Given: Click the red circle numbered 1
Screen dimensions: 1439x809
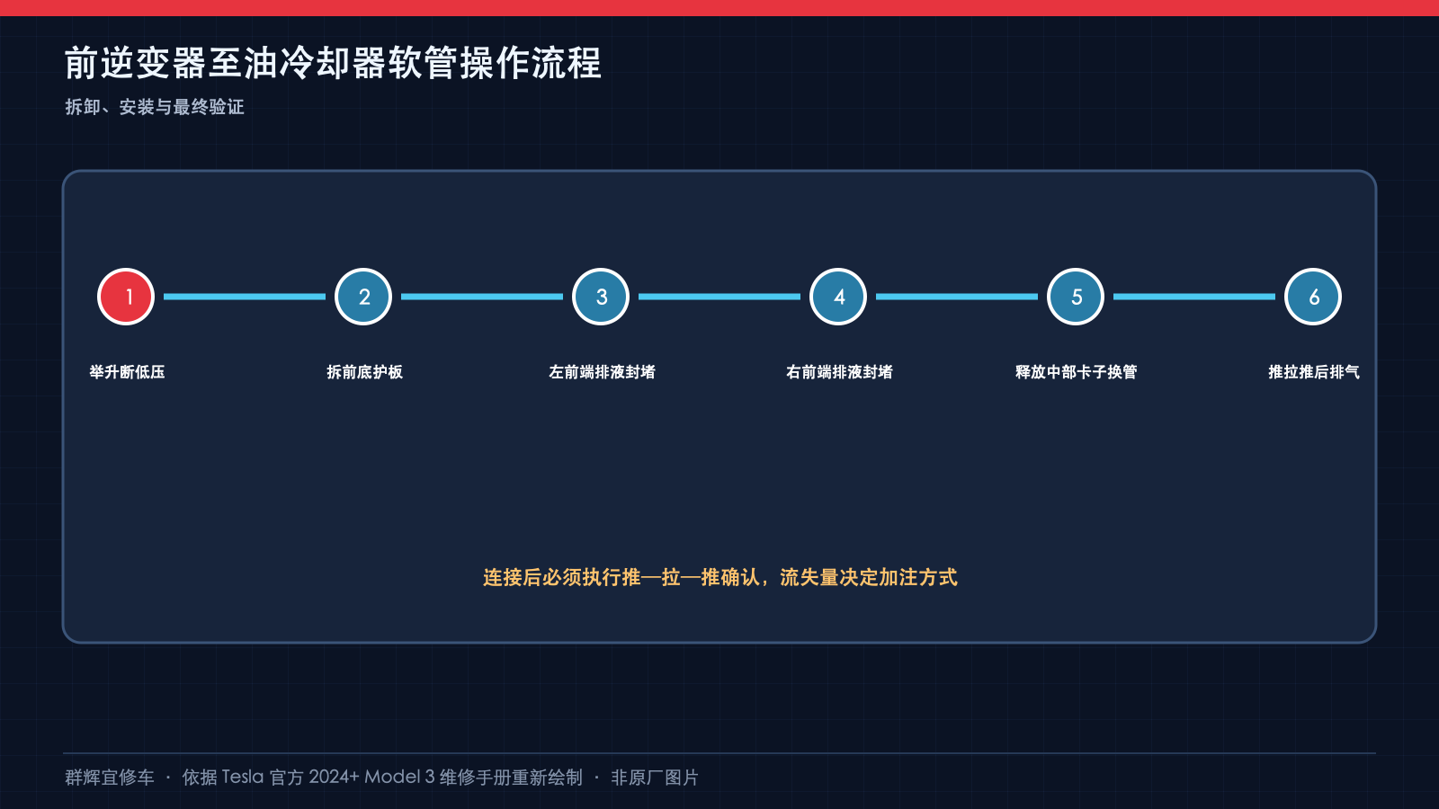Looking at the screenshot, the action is [x=126, y=297].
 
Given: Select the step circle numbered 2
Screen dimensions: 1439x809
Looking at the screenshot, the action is [x=363, y=297].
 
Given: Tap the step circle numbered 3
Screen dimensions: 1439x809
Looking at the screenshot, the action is [x=601, y=297].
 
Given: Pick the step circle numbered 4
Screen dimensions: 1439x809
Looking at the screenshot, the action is [x=838, y=297].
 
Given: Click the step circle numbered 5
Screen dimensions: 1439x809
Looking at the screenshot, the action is [x=1076, y=297].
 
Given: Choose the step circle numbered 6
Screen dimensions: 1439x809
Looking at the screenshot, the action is [x=1313, y=297].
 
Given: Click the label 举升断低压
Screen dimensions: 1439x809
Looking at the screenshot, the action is [x=127, y=372].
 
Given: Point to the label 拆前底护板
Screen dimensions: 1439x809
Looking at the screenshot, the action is [x=364, y=372].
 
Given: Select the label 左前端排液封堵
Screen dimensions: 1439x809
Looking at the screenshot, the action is [x=602, y=372].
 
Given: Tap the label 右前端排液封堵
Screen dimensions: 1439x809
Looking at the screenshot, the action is [x=839, y=372].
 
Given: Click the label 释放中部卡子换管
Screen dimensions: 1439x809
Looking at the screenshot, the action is [x=1076, y=372].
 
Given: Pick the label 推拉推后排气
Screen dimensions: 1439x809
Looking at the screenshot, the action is [x=1314, y=372].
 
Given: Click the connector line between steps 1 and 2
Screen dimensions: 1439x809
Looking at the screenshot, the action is [x=245, y=297].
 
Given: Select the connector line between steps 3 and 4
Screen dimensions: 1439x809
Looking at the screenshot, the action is [x=719, y=297].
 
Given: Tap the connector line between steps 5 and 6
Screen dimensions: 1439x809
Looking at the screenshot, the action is [x=1194, y=297].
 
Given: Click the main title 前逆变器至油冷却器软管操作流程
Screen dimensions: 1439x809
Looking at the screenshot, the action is [x=333, y=63].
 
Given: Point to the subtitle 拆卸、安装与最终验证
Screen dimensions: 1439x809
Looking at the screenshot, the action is [x=155, y=107].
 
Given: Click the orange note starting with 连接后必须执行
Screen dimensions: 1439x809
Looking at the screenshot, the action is [x=720, y=577].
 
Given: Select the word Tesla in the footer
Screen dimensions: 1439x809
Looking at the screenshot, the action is [x=243, y=778].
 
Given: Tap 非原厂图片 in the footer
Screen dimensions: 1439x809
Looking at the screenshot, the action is [x=655, y=778].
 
